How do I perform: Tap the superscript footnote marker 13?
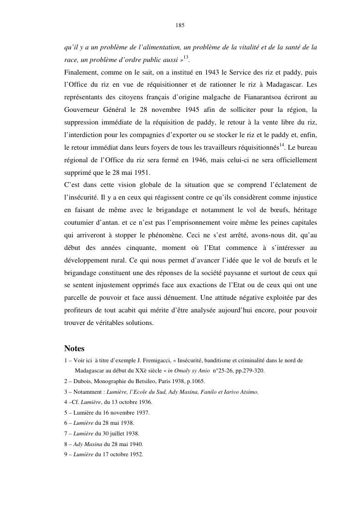(x=185, y=58)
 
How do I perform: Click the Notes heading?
(x=74, y=348)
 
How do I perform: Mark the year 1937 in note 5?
(x=141, y=413)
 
